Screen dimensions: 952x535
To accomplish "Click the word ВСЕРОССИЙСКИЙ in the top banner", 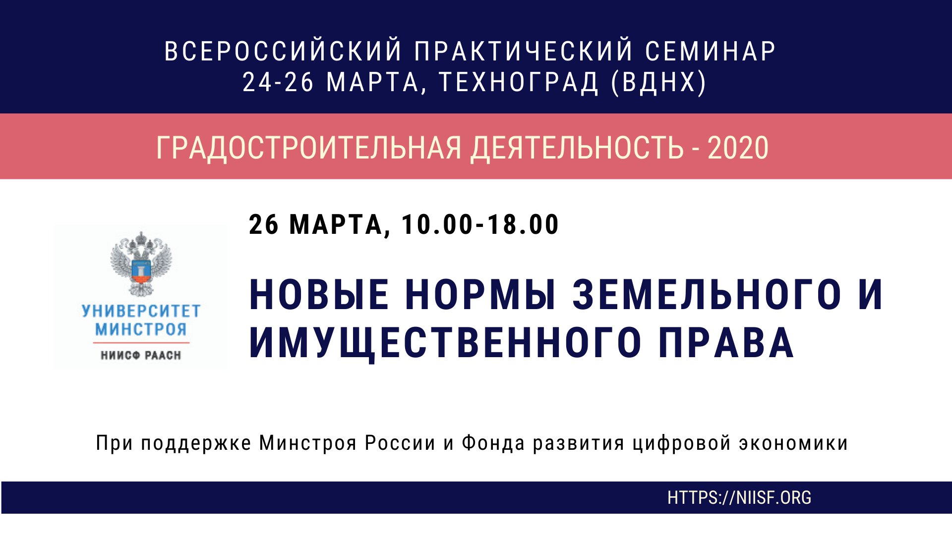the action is coord(283,51).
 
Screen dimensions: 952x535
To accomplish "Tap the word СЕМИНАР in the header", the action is coord(710,51).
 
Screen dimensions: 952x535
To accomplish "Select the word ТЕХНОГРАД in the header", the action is coord(519,82).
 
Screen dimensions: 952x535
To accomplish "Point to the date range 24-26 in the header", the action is coord(278,82).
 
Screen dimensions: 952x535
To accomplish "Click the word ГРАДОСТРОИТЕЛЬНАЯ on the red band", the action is coord(309,148).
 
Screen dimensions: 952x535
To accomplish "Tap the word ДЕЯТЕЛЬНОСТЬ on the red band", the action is coord(577,148).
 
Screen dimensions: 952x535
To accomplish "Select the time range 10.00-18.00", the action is coord(480,224).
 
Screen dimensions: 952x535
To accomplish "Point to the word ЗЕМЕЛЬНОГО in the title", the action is coord(707,295).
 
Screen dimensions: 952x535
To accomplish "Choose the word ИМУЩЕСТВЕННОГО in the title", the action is coord(445,343).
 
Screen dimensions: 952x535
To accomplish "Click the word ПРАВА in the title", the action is coord(726,343).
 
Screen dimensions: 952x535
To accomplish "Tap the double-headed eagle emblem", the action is coord(141,264).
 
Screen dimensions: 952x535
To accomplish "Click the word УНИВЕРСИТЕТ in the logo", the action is coord(141,311).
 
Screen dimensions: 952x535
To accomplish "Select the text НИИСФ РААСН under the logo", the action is coord(141,355).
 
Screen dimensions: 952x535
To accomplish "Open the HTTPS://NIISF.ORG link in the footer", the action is coord(739,498).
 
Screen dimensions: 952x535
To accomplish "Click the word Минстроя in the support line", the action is coord(308,443).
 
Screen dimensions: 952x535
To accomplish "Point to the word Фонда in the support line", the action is coord(493,443).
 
